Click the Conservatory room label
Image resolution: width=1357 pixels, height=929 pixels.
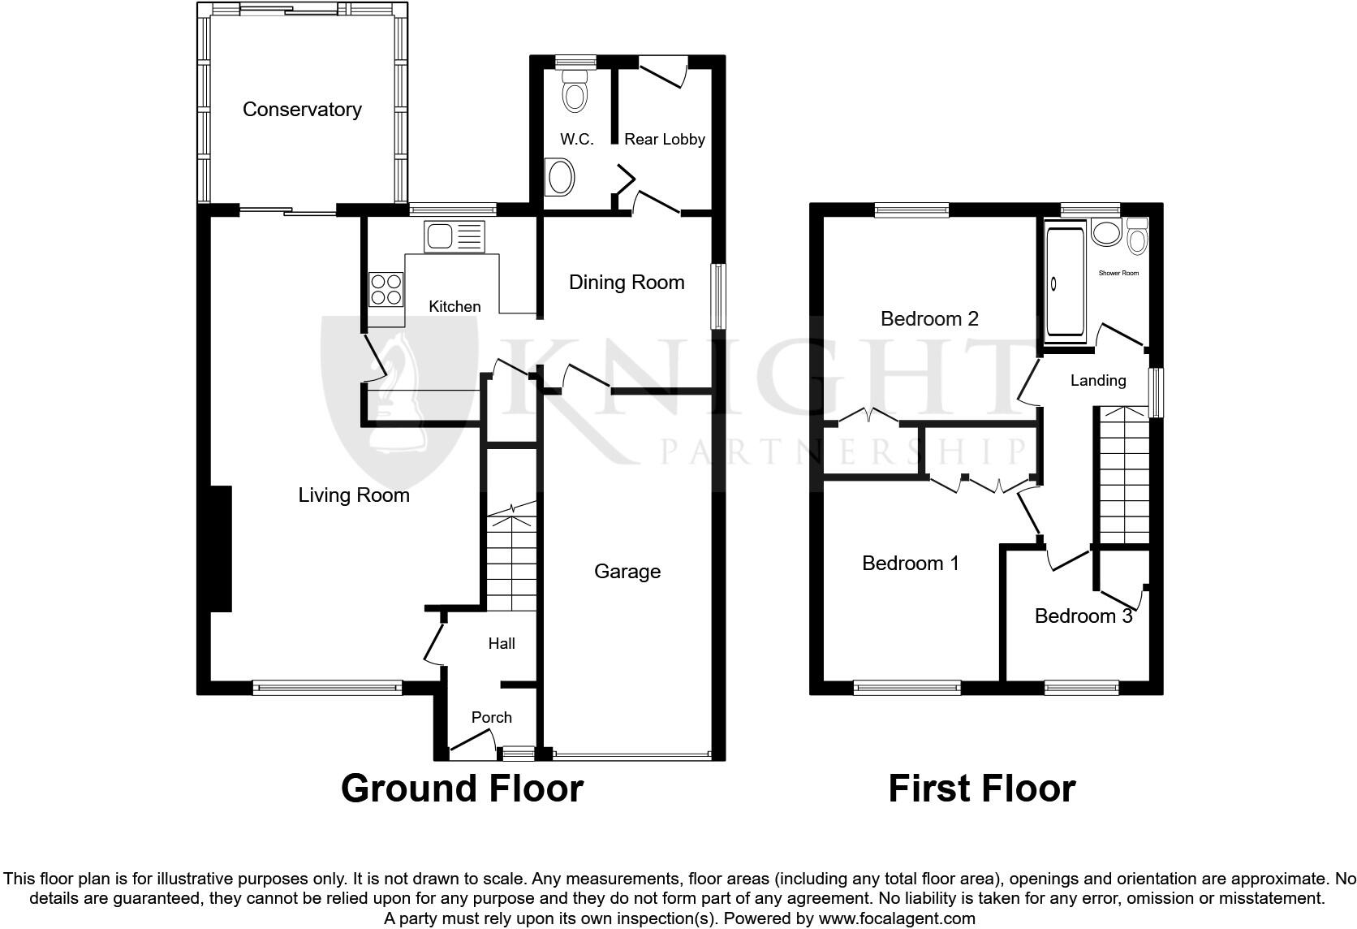[x=302, y=110]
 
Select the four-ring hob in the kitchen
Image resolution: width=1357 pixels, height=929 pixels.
[x=386, y=289]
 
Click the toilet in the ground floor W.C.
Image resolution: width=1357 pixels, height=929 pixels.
[x=575, y=91]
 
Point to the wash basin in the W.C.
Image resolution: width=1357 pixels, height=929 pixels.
[x=559, y=177]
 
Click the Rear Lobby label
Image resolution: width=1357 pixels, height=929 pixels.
[x=664, y=139]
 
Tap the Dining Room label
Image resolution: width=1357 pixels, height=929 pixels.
[x=627, y=283]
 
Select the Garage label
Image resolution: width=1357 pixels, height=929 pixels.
[x=627, y=572]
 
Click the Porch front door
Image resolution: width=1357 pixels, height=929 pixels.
[x=472, y=744]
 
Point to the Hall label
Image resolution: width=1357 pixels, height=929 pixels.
[x=501, y=644]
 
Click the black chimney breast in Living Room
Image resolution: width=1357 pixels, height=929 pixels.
[x=221, y=548]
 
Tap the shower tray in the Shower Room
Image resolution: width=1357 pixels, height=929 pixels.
[x=1064, y=282]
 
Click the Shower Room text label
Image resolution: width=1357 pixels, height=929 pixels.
[x=1118, y=273]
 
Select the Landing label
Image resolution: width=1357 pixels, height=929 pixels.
[x=1097, y=380]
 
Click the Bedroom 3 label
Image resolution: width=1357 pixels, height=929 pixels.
[x=1083, y=616]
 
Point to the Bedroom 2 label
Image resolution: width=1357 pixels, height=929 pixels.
[x=929, y=318]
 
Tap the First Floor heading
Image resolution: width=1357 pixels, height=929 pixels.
[x=981, y=788]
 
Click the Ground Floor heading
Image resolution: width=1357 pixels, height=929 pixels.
[x=462, y=788]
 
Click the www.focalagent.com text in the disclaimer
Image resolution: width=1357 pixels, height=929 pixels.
[x=896, y=918]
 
